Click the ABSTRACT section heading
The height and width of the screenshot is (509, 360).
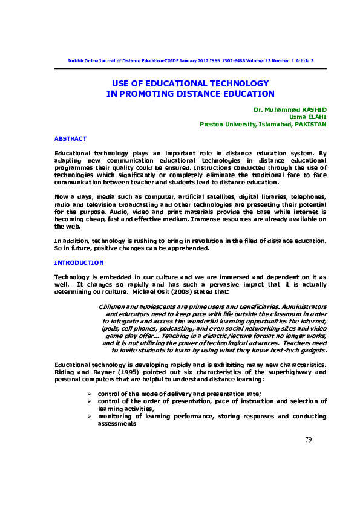click(70, 139)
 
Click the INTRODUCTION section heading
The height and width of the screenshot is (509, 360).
click(79, 263)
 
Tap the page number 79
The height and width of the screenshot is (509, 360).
click(309, 439)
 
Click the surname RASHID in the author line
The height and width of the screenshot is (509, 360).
click(312, 109)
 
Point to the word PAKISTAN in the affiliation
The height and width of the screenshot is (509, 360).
click(310, 124)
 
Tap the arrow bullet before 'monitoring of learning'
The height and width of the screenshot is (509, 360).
click(90, 417)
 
